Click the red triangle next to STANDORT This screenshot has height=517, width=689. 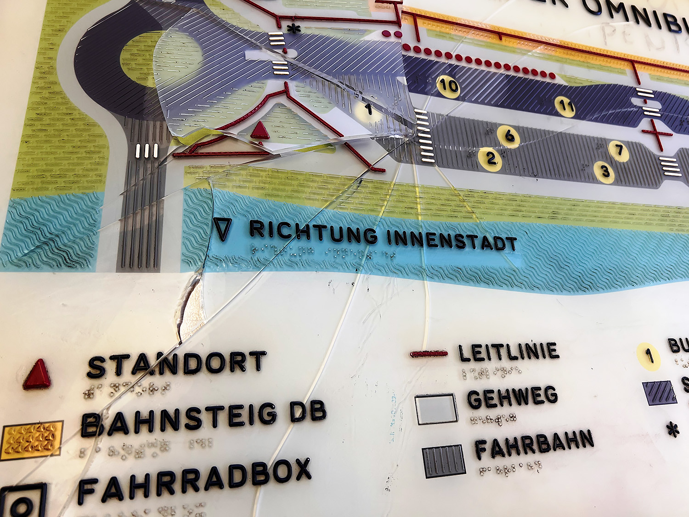tap(37, 374)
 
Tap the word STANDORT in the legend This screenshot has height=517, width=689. tap(177, 364)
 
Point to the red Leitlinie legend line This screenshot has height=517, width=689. tap(429, 353)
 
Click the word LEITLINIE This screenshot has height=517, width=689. tap(508, 352)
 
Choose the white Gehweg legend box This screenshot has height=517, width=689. tap(436, 409)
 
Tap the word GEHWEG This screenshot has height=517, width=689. tap(513, 398)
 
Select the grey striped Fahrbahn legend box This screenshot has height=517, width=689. tap(444, 460)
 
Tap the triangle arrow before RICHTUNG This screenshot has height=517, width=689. tap(222, 229)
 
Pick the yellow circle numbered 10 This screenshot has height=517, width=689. tap(448, 86)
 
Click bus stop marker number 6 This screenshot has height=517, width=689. tap(509, 136)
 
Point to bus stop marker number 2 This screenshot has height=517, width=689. tap(491, 159)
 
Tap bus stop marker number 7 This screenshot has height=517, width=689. tap(619, 150)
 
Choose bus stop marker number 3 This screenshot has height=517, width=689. tap(605, 172)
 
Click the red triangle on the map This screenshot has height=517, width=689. tap(260, 131)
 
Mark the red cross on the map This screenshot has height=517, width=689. tap(657, 134)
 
